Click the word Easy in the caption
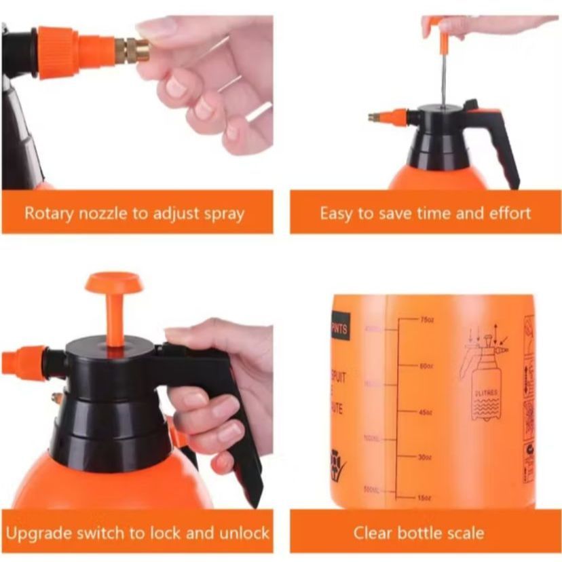click(x=337, y=213)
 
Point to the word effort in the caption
click(x=508, y=213)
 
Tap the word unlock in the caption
click(x=243, y=532)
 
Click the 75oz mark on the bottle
click(x=426, y=319)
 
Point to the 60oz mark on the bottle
click(x=426, y=366)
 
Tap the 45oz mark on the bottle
click(x=426, y=411)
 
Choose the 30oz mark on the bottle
click(x=426, y=457)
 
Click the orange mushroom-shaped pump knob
click(x=114, y=284)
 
